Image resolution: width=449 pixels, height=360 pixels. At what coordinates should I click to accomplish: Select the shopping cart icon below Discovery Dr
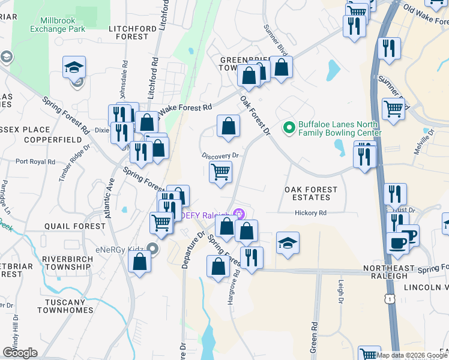[221, 172]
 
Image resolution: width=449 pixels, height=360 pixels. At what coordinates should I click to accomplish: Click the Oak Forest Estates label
[311, 194]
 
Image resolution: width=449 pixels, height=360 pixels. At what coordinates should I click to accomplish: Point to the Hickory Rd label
[310, 213]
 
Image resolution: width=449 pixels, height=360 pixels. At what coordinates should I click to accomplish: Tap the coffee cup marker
[398, 242]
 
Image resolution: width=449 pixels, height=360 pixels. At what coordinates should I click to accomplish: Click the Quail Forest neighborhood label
[74, 226]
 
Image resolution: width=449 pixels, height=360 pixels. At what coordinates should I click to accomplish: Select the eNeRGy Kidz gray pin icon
[153, 248]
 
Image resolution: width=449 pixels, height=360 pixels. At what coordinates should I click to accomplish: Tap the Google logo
[20, 353]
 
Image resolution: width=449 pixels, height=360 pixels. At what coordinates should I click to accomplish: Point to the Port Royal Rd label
[35, 161]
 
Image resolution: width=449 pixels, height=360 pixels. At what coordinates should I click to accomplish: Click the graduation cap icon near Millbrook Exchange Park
[74, 67]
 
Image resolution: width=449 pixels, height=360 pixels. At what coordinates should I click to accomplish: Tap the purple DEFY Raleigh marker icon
[240, 213]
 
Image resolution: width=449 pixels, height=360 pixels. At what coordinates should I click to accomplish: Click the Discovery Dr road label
[220, 155]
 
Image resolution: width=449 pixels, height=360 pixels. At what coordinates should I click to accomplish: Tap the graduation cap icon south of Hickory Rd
[288, 243]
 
